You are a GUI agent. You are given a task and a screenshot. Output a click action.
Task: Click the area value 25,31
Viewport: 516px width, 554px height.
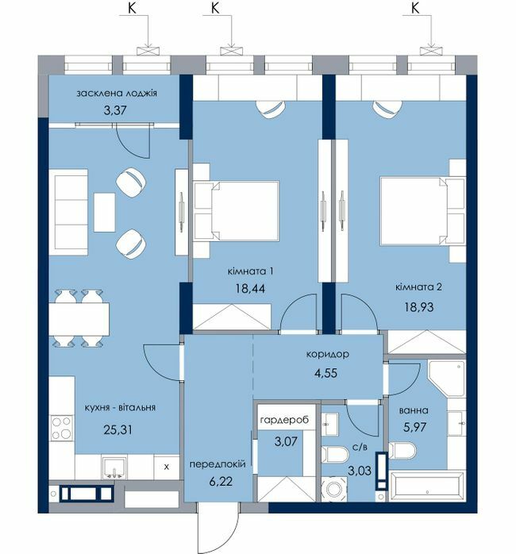[x=118, y=429]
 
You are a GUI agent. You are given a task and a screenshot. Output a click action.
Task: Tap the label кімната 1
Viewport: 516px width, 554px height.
[x=250, y=271]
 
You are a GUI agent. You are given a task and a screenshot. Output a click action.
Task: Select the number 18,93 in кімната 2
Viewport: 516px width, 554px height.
[x=419, y=306]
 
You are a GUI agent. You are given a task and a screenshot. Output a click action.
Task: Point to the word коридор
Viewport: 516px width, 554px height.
[x=327, y=354]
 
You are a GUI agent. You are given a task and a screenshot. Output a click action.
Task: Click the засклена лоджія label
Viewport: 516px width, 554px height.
[x=117, y=94]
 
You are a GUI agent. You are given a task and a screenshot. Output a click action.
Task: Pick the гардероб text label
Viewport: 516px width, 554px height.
[x=284, y=420]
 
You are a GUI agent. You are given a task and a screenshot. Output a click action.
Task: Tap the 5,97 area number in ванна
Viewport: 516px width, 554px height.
[x=415, y=427]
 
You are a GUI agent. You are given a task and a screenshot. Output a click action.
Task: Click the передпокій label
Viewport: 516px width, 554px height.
[x=218, y=464]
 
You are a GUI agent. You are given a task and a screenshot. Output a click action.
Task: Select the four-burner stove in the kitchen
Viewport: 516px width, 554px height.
[x=62, y=428]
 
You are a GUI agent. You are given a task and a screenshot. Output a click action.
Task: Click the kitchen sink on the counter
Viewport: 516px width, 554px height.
[x=114, y=467]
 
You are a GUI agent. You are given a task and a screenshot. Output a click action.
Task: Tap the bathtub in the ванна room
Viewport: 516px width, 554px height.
[x=426, y=487]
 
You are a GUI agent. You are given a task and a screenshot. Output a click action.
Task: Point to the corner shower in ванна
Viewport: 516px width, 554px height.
[x=446, y=378]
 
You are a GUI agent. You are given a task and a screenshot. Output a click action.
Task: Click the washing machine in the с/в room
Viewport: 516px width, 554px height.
[x=334, y=489]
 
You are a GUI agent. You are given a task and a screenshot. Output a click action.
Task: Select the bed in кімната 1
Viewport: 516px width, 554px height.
[x=237, y=211]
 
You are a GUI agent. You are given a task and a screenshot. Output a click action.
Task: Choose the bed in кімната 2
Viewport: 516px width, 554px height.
[x=422, y=211]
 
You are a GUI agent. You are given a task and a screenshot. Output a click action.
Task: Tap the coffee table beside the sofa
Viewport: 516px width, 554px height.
[x=105, y=213]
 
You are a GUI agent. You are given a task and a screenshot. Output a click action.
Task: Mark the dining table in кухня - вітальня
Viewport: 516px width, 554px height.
[x=79, y=319]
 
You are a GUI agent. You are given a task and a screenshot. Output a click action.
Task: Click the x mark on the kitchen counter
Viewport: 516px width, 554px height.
[x=167, y=467]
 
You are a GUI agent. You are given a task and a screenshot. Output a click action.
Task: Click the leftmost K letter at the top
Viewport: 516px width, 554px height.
[x=132, y=8]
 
